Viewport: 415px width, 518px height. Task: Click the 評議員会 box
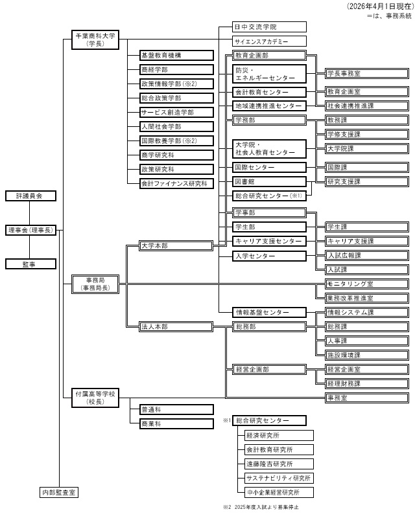pyautogui.click(x=30, y=196)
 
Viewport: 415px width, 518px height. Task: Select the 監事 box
pyautogui.click(x=30, y=264)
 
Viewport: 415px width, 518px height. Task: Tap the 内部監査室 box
pyautogui.click(x=59, y=493)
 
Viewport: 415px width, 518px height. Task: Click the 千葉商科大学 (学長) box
pyautogui.click(x=95, y=39)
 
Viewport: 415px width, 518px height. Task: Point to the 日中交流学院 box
pyautogui.click(x=268, y=27)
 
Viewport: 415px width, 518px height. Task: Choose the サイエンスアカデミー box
pyautogui.click(x=268, y=41)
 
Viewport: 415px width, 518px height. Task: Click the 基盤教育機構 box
pyautogui.click(x=176, y=56)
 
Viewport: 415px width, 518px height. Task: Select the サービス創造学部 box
pyautogui.click(x=176, y=113)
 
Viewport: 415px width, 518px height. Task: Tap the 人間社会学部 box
pyautogui.click(x=176, y=127)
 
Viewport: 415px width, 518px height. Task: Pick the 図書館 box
pyautogui.click(x=268, y=181)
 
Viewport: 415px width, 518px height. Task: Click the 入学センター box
pyautogui.click(x=268, y=256)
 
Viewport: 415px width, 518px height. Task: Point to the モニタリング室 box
pyautogui.click(x=367, y=284)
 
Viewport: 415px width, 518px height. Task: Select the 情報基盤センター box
pyautogui.click(x=268, y=313)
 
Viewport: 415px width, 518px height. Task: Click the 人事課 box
pyautogui.click(x=367, y=341)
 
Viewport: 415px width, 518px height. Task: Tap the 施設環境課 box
pyautogui.click(x=367, y=355)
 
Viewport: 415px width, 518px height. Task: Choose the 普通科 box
pyautogui.click(x=176, y=409)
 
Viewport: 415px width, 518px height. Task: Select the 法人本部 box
pyautogui.click(x=176, y=327)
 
